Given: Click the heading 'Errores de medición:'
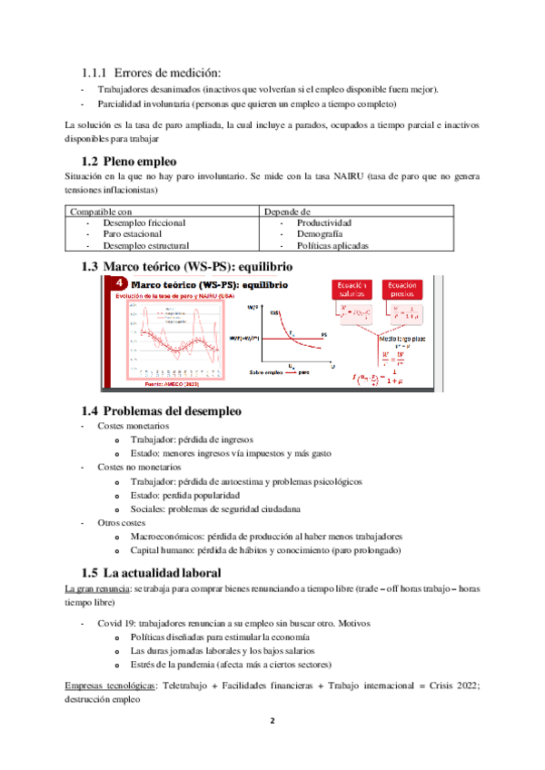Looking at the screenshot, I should (x=163, y=72).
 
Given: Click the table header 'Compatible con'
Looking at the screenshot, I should (x=102, y=211).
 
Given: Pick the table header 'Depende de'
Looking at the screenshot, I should (x=286, y=211).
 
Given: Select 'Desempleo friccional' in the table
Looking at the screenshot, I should (x=144, y=222).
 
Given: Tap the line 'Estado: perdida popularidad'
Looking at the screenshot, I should (x=185, y=496).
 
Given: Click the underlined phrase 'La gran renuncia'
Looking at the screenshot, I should (x=94, y=589).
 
